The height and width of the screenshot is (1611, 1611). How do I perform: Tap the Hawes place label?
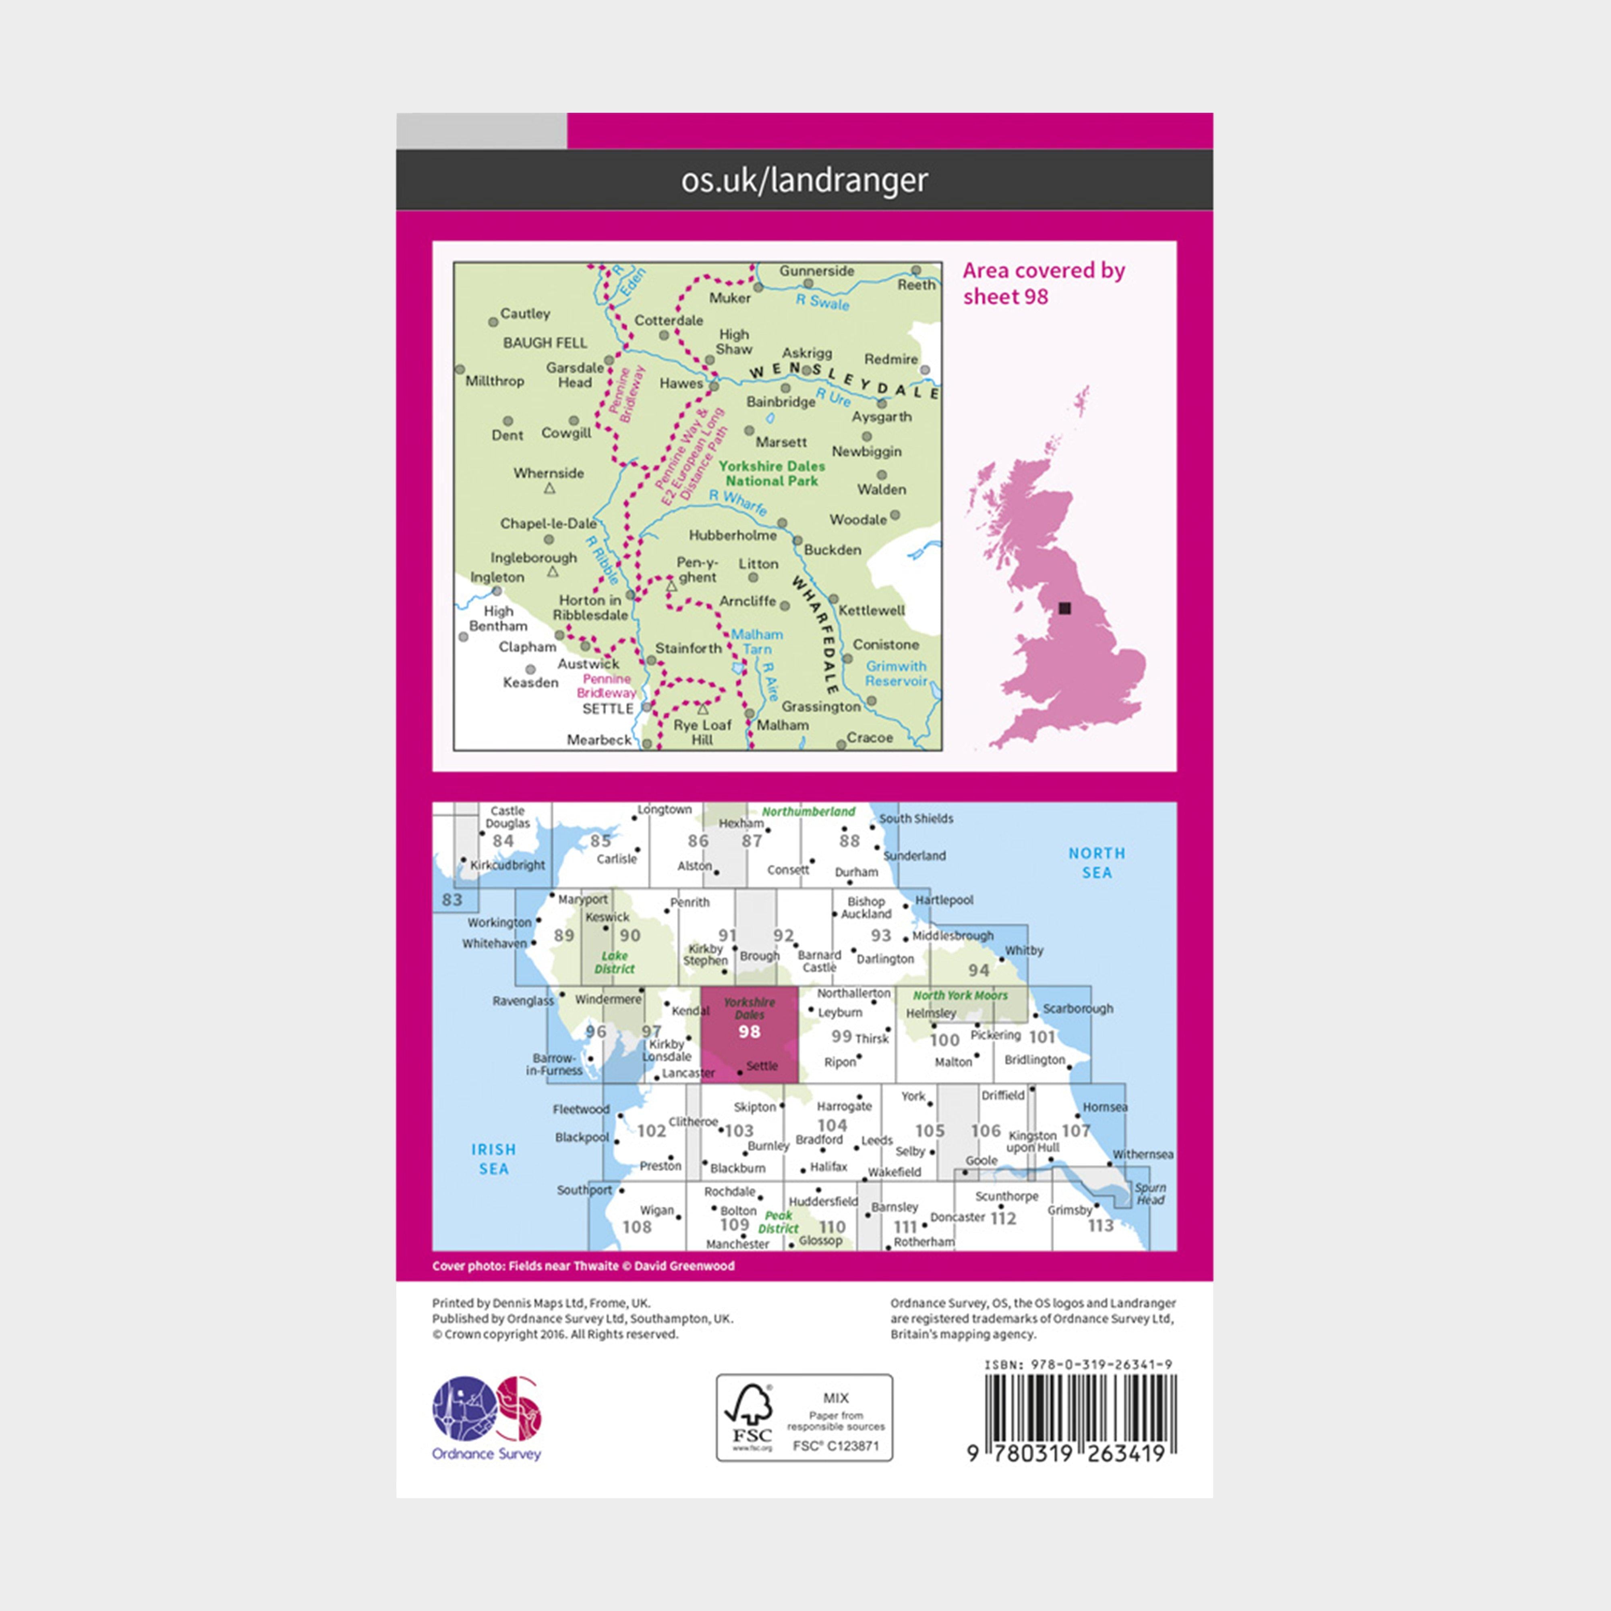[681, 383]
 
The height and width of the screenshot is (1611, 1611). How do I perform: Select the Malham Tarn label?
[757, 641]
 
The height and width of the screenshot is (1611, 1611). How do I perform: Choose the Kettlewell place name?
[872, 611]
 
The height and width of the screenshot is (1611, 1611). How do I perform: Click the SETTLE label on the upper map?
[608, 709]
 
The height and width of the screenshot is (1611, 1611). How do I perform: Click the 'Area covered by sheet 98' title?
[1043, 284]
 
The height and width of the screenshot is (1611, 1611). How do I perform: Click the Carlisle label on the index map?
[616, 859]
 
